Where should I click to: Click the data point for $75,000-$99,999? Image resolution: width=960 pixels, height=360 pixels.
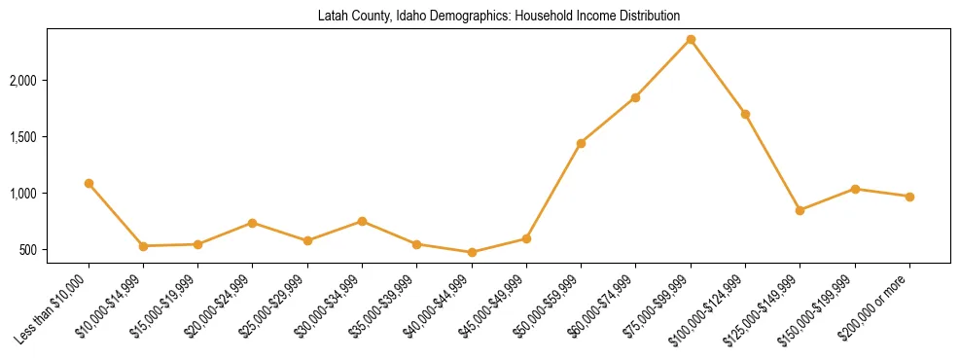tap(691, 40)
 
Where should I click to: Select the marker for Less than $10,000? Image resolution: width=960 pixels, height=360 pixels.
tap(89, 183)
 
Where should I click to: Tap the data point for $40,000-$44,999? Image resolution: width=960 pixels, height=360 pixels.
tap(472, 252)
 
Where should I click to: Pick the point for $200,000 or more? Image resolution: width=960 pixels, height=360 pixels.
tap(909, 197)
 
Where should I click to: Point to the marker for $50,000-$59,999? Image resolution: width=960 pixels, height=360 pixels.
tap(581, 143)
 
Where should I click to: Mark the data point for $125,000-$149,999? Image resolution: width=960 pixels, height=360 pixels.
tap(800, 210)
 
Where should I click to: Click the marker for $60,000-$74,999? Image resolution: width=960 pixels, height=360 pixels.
tap(635, 97)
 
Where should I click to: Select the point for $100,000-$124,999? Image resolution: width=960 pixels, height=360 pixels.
tap(745, 114)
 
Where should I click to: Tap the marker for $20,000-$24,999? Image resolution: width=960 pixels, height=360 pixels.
tap(253, 223)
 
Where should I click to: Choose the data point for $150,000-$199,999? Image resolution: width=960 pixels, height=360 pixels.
tap(855, 189)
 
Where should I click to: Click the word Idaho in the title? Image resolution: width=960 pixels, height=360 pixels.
tap(410, 17)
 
